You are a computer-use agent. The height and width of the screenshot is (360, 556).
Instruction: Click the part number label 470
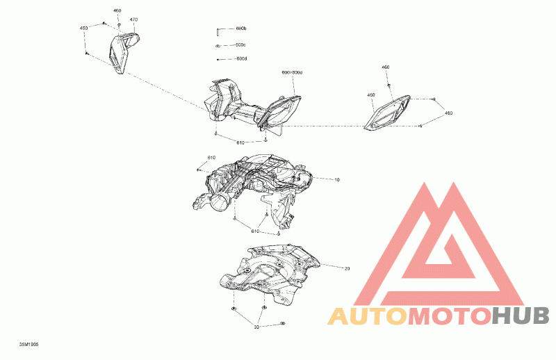pyautogui.click(x=133, y=19)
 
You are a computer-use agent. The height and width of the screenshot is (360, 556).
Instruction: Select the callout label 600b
pyautogui.click(x=241, y=28)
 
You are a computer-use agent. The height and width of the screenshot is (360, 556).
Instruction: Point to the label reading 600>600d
pyautogui.click(x=292, y=72)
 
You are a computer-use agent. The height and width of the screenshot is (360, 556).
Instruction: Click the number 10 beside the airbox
pyautogui.click(x=337, y=180)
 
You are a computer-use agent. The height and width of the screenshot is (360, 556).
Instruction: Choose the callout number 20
pyautogui.click(x=347, y=268)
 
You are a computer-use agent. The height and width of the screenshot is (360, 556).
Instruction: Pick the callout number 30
pyautogui.click(x=256, y=326)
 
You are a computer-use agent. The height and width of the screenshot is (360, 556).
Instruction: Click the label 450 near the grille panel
pyautogui.click(x=371, y=95)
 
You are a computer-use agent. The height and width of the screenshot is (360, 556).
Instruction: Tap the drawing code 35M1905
pyautogui.click(x=29, y=343)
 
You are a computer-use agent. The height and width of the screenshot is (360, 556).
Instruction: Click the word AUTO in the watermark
pyautogui.click(x=367, y=316)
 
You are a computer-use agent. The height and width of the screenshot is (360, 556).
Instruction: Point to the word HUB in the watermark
pyautogui.click(x=521, y=316)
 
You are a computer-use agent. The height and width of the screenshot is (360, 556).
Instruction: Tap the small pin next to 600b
pyautogui.click(x=218, y=29)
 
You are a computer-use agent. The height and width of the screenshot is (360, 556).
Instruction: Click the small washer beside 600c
pyautogui.click(x=218, y=45)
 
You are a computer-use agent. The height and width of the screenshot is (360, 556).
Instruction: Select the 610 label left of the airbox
pyautogui.click(x=212, y=158)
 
